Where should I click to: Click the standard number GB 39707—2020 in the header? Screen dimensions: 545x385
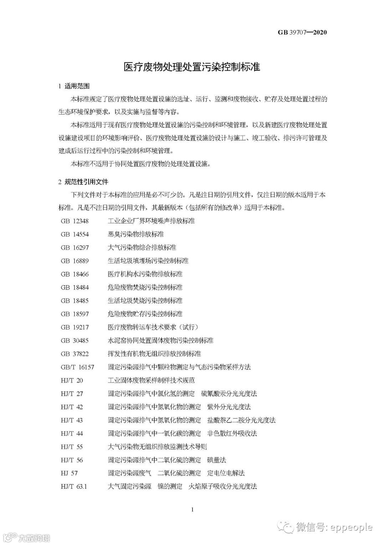click(302, 32)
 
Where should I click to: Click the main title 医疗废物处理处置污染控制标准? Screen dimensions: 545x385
click(192, 67)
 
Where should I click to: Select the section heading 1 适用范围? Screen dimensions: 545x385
click(74, 86)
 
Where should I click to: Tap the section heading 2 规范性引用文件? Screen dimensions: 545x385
click(83, 182)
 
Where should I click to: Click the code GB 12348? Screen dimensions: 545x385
click(75, 221)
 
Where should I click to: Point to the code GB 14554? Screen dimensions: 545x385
click(75, 234)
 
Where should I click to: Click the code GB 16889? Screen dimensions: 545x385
click(75, 261)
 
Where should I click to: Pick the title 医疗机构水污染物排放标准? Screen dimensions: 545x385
click(145, 274)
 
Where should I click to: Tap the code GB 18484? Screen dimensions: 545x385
click(75, 287)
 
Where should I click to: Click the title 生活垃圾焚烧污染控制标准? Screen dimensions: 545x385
click(145, 301)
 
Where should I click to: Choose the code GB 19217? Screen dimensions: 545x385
click(75, 327)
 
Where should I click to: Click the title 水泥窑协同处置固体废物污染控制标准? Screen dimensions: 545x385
click(160, 340)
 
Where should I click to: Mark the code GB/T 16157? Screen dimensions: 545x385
click(77, 367)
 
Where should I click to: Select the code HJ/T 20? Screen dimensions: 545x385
click(72, 380)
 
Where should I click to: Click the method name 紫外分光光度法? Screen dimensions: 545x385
click(229, 407)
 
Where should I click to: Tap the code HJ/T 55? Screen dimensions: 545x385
click(72, 447)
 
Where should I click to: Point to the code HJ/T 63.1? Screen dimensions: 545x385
click(74, 486)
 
